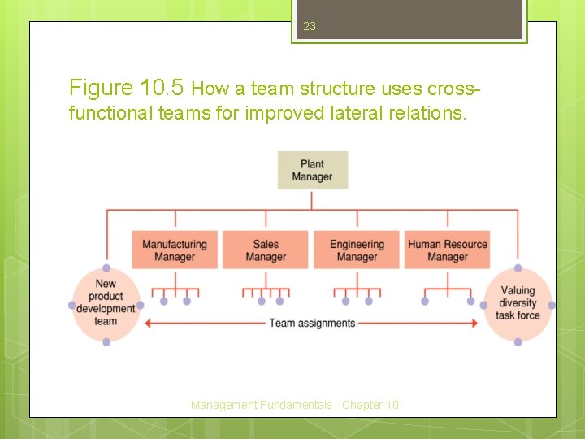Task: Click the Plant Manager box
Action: (312, 170)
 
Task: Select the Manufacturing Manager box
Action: (175, 250)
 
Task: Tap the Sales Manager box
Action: (266, 250)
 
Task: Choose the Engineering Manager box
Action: (357, 250)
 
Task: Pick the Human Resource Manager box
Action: (448, 250)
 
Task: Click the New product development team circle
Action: (106, 302)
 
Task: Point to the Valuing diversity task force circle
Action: (518, 302)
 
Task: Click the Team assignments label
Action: (312, 323)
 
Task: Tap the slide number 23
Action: (309, 26)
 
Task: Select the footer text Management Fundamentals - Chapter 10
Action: (295, 404)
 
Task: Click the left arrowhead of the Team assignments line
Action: (148, 323)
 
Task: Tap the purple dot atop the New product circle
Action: (106, 268)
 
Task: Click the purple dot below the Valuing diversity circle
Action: (518, 342)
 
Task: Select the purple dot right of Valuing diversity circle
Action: (552, 305)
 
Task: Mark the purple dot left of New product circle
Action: (71, 306)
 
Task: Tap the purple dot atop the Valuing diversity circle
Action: (518, 268)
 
